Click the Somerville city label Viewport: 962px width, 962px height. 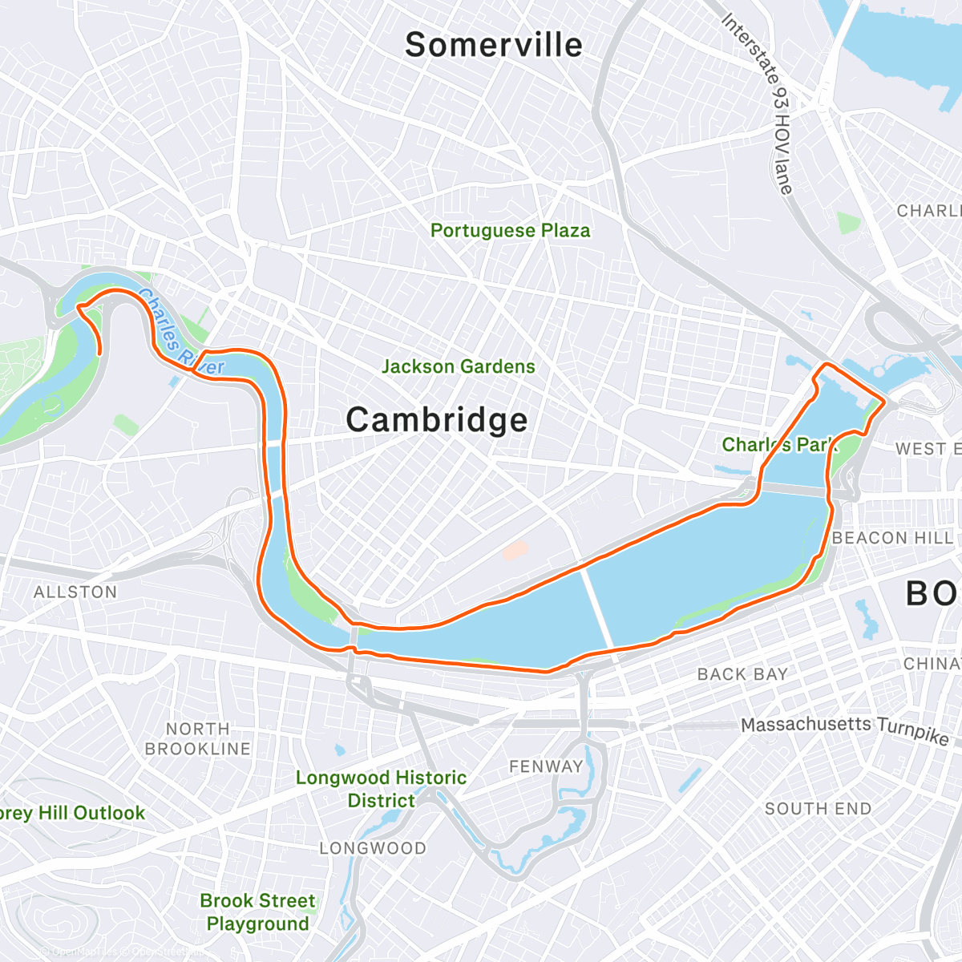click(x=494, y=45)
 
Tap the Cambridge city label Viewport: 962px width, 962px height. click(x=437, y=420)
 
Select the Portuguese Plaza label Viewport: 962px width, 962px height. click(x=511, y=231)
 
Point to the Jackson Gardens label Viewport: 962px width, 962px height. click(x=459, y=366)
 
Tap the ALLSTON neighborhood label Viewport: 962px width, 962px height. click(x=75, y=592)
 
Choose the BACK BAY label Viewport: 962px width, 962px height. click(x=742, y=674)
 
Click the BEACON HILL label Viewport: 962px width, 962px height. click(x=892, y=538)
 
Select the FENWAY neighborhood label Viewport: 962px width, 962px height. click(x=546, y=766)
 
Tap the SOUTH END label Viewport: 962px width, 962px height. click(x=818, y=809)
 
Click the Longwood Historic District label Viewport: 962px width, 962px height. click(x=382, y=789)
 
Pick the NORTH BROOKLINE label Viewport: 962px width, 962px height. click(x=198, y=738)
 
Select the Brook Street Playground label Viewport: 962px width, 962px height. click(x=257, y=912)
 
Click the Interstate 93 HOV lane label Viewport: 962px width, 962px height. click(x=758, y=104)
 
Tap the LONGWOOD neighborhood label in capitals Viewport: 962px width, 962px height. click(x=373, y=848)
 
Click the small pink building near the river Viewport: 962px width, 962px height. click(x=515, y=551)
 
